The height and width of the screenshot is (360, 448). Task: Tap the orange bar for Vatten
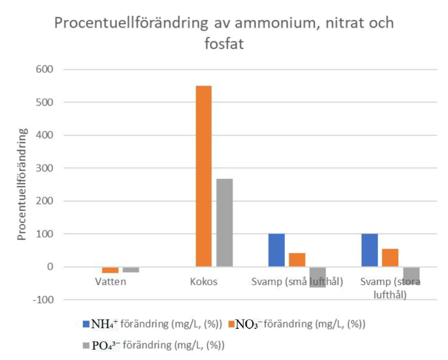pos(110,269)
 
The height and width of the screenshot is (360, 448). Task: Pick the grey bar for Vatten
pos(131,269)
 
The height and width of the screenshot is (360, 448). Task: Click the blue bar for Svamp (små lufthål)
pos(276,250)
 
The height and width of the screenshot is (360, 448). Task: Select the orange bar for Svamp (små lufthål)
pos(297,260)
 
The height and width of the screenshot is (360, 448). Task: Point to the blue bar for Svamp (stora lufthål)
pos(370,250)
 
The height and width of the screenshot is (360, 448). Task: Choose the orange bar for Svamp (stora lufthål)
pos(390,258)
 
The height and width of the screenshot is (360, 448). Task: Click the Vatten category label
pos(111,282)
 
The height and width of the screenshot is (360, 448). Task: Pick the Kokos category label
pos(203,282)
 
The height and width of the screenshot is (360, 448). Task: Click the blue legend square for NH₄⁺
pos(86,325)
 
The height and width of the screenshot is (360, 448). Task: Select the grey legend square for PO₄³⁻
pos(86,345)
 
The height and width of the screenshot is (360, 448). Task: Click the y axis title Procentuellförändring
pos(22,184)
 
